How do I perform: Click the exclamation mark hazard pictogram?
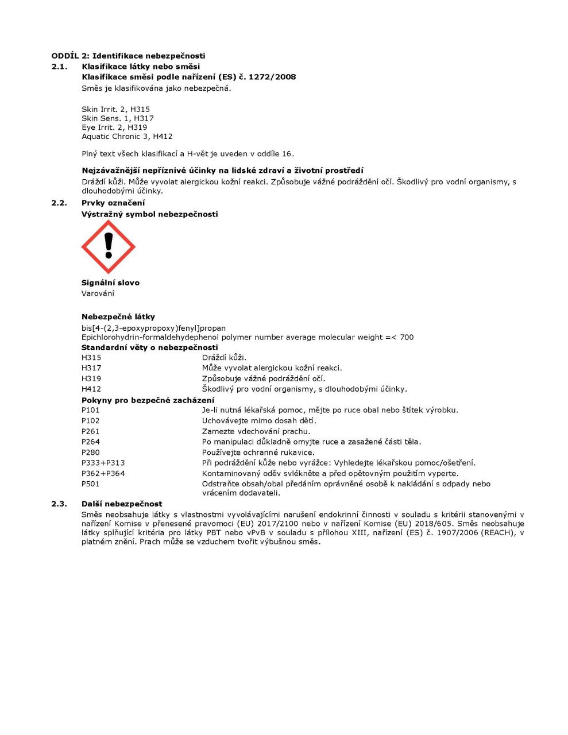[108, 247]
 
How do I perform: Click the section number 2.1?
[59, 67]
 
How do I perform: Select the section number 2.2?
[59, 203]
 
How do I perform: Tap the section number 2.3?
[59, 504]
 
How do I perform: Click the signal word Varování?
[98, 293]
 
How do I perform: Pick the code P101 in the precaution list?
[91, 410]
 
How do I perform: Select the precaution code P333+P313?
[103, 463]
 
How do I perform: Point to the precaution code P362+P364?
[103, 473]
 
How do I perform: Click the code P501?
[91, 483]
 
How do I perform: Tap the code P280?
[91, 452]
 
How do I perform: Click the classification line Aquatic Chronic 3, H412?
[127, 137]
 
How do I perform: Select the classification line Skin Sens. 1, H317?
[118, 118]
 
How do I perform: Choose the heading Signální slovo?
[110, 283]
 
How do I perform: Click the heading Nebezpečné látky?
[118, 316]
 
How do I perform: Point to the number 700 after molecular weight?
[407, 337]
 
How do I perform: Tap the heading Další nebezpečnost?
[122, 504]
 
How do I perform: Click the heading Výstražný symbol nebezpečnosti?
[149, 214]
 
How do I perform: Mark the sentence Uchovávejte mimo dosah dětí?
[259, 420]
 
